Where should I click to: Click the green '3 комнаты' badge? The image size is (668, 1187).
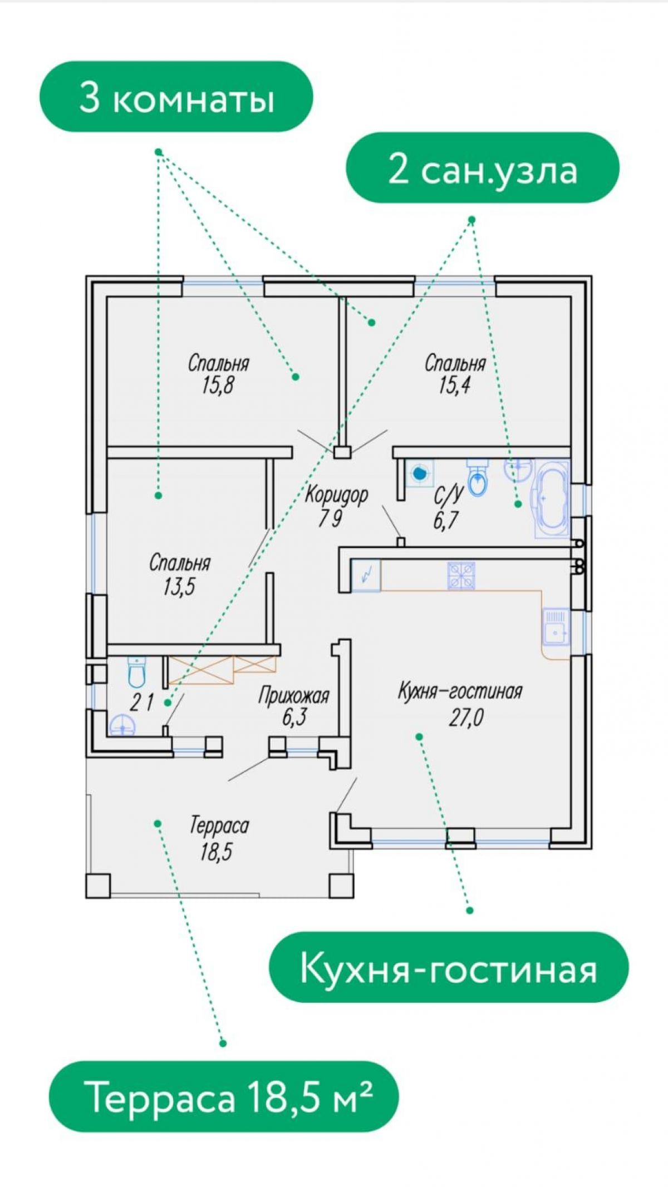pyautogui.click(x=176, y=97)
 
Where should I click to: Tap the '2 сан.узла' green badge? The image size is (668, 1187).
pyautogui.click(x=483, y=167)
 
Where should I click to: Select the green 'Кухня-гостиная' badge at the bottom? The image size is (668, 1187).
pyautogui.click(x=449, y=967)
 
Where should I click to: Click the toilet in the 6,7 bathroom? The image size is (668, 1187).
pyautogui.click(x=478, y=477)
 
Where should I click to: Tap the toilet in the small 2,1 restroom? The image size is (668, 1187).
pyautogui.click(x=136, y=672)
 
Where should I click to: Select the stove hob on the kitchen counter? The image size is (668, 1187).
pyautogui.click(x=461, y=575)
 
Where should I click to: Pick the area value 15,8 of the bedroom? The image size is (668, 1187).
pyautogui.click(x=218, y=385)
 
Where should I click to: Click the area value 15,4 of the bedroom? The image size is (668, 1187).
pyautogui.click(x=454, y=385)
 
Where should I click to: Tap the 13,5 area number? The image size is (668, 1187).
pyautogui.click(x=179, y=587)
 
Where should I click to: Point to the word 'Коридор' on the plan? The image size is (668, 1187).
pyautogui.click(x=336, y=494)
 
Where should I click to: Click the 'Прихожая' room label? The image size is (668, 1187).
pyautogui.click(x=294, y=696)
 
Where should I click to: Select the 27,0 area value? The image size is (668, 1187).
pyautogui.click(x=466, y=718)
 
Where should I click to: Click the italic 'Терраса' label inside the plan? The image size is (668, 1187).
pyautogui.click(x=219, y=825)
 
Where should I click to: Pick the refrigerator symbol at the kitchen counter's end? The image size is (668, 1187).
pyautogui.click(x=366, y=575)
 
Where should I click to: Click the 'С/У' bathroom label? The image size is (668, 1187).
pyautogui.click(x=448, y=494)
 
